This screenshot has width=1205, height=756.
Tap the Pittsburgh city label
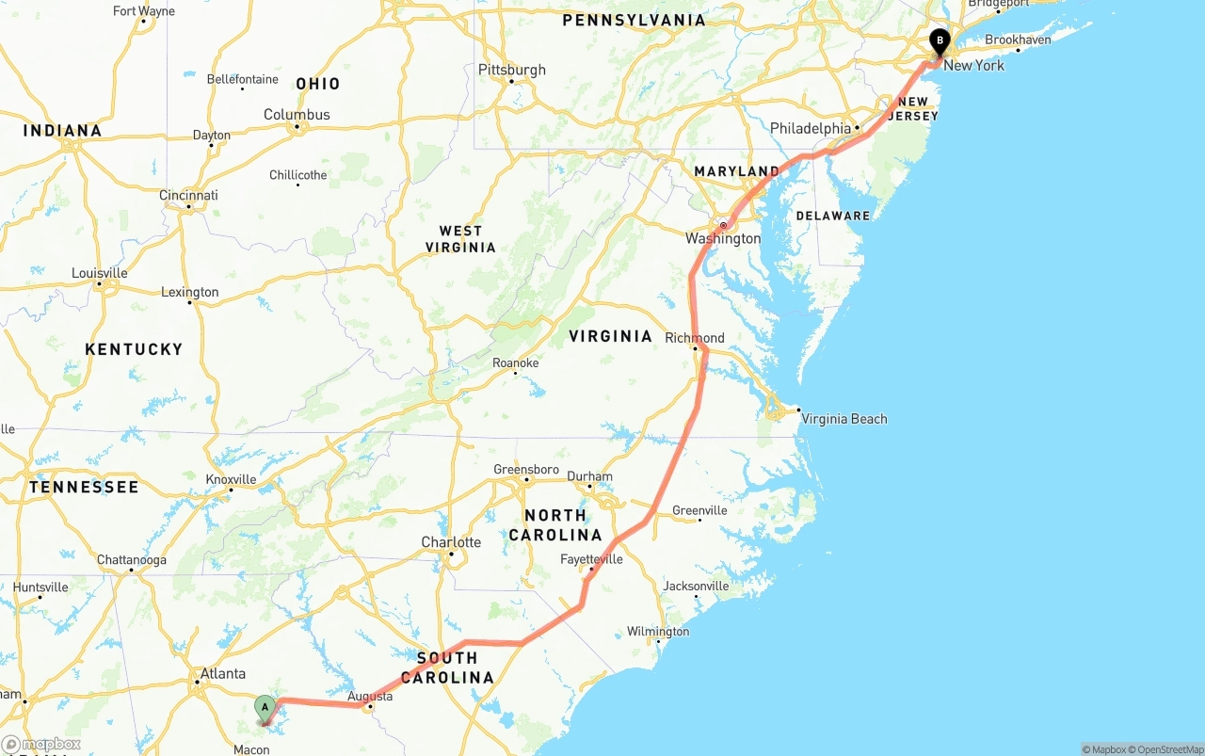[x=511, y=70]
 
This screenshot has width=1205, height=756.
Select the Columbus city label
[x=297, y=115]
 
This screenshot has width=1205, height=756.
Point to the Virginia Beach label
[x=843, y=419]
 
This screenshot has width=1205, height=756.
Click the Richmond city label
[x=695, y=338]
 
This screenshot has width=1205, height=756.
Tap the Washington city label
[x=723, y=238]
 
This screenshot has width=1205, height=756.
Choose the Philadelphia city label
[x=811, y=128]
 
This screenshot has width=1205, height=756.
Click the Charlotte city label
[x=451, y=542]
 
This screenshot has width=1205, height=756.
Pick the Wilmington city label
[x=658, y=632]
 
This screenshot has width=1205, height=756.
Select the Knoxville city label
[x=231, y=479]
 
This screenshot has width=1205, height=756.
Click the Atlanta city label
[x=223, y=673]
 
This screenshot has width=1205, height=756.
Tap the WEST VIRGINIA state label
[x=460, y=239]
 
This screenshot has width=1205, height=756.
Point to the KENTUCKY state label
[x=134, y=349]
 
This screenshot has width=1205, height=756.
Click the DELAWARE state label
[x=833, y=216]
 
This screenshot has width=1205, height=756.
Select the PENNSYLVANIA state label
[x=634, y=20]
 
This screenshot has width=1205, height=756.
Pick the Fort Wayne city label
[x=144, y=11]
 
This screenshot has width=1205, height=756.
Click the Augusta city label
[x=370, y=697]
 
